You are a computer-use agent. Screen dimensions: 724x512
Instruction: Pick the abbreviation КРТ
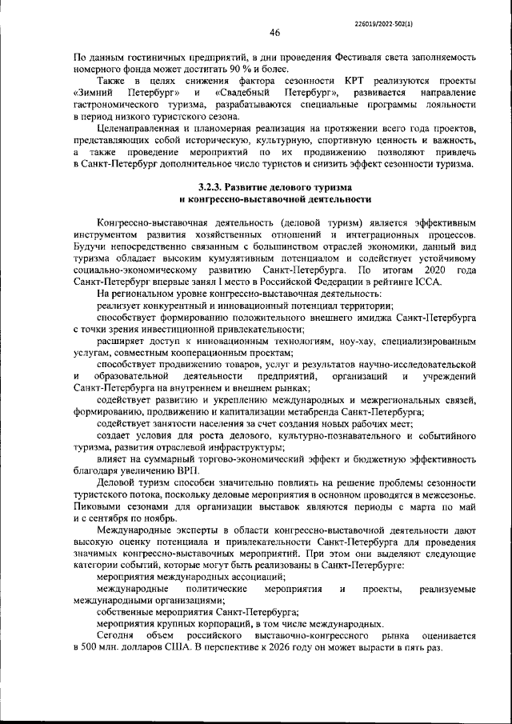tap(357, 82)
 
